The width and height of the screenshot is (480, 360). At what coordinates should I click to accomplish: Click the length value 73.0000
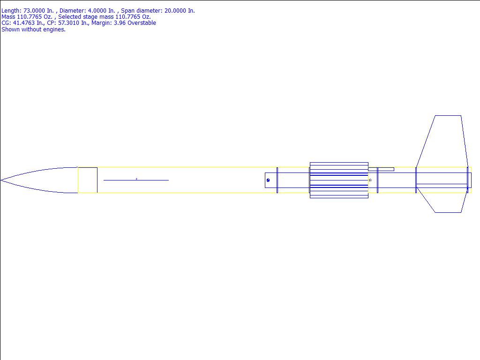(34, 11)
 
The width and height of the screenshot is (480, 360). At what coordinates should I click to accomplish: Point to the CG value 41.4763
(24, 23)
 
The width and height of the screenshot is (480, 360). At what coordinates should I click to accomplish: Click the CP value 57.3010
(69, 23)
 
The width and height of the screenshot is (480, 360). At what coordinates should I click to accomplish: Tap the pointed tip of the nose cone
(0, 180)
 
